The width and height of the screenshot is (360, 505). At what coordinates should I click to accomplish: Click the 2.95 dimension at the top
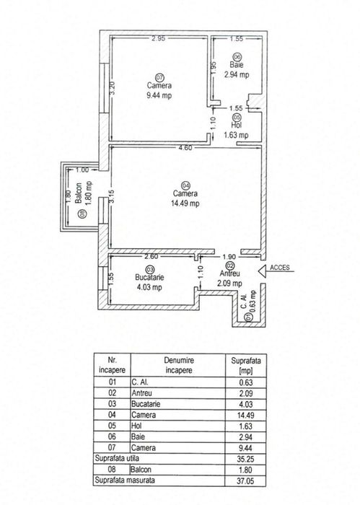[x=159, y=38]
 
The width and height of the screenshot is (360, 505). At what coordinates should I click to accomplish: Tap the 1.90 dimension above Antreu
[x=229, y=257]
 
